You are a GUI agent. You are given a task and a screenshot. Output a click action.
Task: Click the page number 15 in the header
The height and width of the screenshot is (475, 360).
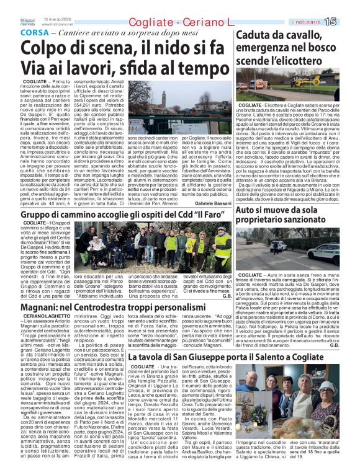click(347, 21)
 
